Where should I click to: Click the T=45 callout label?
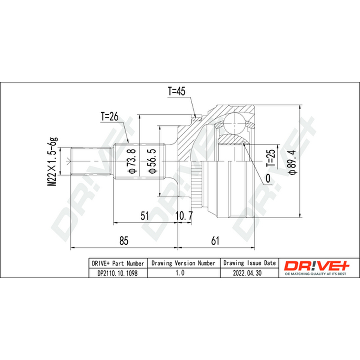[x=176, y=91]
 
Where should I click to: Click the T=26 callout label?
[x=109, y=117]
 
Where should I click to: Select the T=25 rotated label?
[x=271, y=158]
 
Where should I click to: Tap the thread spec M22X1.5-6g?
[x=52, y=162]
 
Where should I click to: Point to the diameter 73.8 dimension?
[x=132, y=161]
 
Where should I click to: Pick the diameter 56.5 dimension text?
[x=152, y=161]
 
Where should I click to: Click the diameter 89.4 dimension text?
[x=292, y=162]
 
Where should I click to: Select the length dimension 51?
[x=144, y=216]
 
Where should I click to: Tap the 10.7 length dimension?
[x=184, y=216]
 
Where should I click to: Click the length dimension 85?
[x=124, y=241]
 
